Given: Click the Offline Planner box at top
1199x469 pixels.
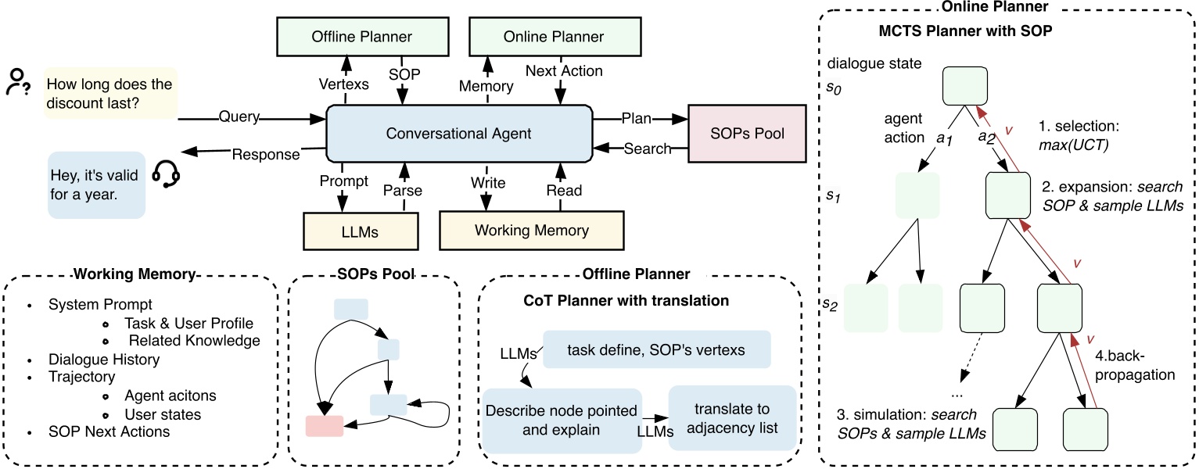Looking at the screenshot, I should click(362, 37).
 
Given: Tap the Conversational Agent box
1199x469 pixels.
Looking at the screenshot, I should click(458, 134).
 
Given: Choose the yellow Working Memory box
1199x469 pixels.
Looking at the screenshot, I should click(531, 230).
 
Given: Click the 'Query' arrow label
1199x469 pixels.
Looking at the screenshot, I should click(239, 117).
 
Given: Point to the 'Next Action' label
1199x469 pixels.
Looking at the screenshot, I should click(564, 71).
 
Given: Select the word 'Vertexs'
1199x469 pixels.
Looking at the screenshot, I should click(344, 84).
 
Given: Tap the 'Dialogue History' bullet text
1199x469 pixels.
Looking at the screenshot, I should click(104, 360).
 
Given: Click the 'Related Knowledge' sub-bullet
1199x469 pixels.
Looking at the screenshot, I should click(193, 340).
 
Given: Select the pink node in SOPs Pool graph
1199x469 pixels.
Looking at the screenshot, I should click(325, 425).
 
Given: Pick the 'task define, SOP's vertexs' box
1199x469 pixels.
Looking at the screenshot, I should click(657, 349).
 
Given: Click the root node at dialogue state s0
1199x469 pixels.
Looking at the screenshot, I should click(967, 85).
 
